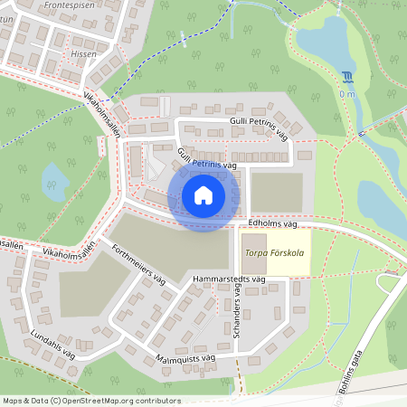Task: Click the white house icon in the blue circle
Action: (x=203, y=194)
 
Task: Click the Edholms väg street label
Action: (x=271, y=222)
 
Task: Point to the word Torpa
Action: (x=257, y=254)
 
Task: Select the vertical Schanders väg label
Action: (x=238, y=313)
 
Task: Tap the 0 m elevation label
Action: (x=347, y=93)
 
